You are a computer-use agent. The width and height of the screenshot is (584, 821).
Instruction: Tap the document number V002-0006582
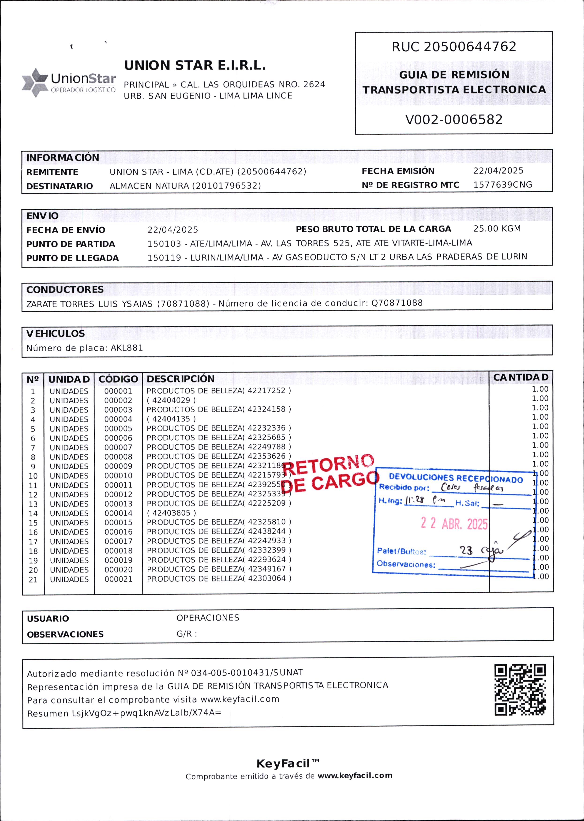454,119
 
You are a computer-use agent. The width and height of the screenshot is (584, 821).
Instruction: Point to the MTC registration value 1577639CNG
502,185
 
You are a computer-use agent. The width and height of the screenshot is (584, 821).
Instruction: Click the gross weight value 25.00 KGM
497,229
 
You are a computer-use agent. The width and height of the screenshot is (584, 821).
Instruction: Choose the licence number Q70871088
397,303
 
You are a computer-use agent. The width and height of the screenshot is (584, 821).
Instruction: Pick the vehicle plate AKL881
127,348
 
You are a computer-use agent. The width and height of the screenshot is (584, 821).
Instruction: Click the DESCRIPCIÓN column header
180,379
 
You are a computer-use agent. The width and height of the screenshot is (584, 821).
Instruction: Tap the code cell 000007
118,448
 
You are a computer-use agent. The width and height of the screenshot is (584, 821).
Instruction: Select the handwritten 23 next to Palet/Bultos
466,550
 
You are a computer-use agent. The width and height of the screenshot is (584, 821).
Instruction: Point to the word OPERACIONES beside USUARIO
207,617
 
